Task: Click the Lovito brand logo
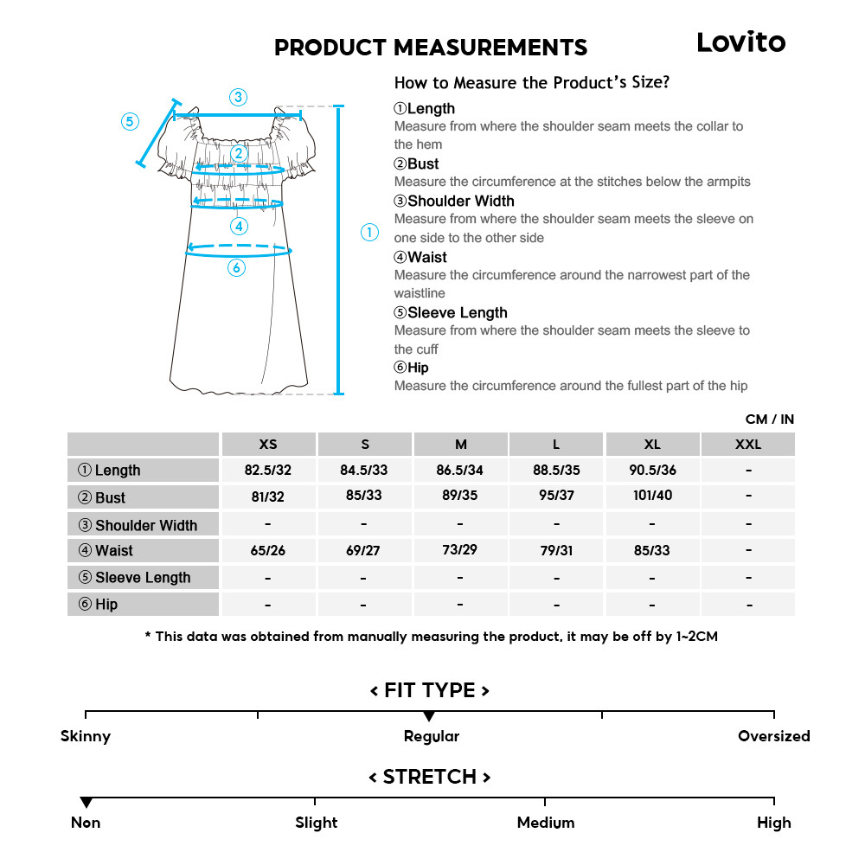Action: tap(741, 42)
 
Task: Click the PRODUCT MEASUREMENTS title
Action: tap(431, 48)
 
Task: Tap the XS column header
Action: tap(268, 445)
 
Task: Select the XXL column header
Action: tap(748, 445)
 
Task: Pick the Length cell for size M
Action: tap(460, 470)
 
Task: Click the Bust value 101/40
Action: tap(652, 496)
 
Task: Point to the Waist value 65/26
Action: tap(268, 550)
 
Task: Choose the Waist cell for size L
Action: tap(556, 550)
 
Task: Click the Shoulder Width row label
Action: tap(143, 525)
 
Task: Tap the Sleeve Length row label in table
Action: tap(143, 578)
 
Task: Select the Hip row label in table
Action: tap(143, 605)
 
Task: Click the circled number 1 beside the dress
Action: tap(369, 232)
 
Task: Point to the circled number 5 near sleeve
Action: tap(130, 121)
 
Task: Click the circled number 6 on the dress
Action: tap(237, 268)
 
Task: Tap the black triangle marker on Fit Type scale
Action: tap(429, 717)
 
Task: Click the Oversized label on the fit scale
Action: tap(773, 736)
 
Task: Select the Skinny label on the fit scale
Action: tap(86, 736)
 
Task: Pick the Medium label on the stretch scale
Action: tap(545, 823)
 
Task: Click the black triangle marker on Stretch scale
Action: tap(86, 804)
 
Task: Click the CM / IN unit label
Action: tap(769, 420)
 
